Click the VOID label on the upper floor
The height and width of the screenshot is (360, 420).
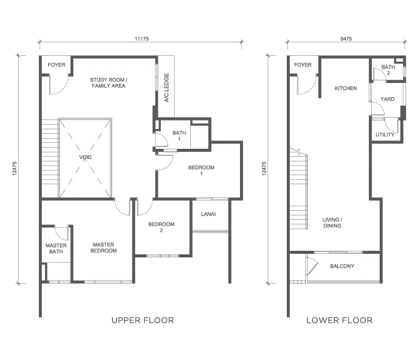tap(85, 157)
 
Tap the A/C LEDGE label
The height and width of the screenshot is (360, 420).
tap(167, 88)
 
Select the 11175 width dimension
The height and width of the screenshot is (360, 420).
tap(142, 39)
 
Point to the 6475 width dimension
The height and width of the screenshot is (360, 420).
tap(346, 39)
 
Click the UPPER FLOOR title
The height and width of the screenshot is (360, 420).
tap(143, 320)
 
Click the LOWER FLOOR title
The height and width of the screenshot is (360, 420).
tap(340, 320)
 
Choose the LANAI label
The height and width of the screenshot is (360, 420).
tap(208, 214)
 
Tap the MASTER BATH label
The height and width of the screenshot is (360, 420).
tap(56, 248)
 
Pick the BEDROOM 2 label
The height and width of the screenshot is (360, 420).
tap(161, 227)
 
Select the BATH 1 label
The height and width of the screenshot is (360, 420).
tap(179, 136)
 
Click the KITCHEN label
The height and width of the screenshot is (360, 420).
tap(346, 88)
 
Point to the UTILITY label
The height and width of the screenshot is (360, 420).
tap(385, 135)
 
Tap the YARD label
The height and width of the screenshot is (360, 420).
tap(388, 99)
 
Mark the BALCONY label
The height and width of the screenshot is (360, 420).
tap(342, 266)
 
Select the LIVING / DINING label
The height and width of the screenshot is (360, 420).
tap(332, 223)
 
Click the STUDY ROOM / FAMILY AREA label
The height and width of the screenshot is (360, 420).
tap(109, 83)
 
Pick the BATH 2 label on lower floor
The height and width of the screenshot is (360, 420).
tap(388, 70)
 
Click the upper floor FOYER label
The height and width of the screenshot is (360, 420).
tap(56, 65)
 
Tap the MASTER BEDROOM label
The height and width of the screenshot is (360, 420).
tap(104, 247)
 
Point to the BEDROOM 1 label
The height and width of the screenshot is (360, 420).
tap(201, 170)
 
